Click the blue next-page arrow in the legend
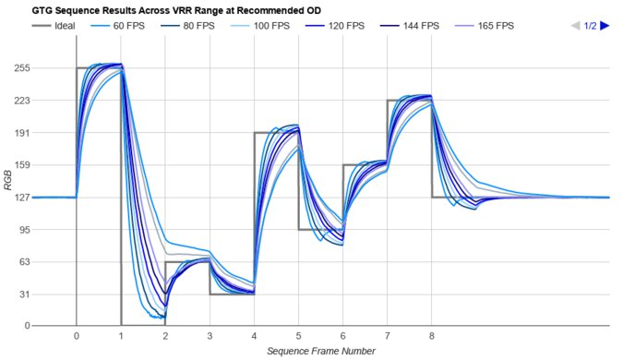605,26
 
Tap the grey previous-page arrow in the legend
576,26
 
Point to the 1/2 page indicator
590,26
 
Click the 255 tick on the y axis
22,68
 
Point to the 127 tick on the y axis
22,197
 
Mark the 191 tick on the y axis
22,133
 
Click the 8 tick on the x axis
432,337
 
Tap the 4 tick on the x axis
254,337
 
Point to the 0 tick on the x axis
76,337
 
